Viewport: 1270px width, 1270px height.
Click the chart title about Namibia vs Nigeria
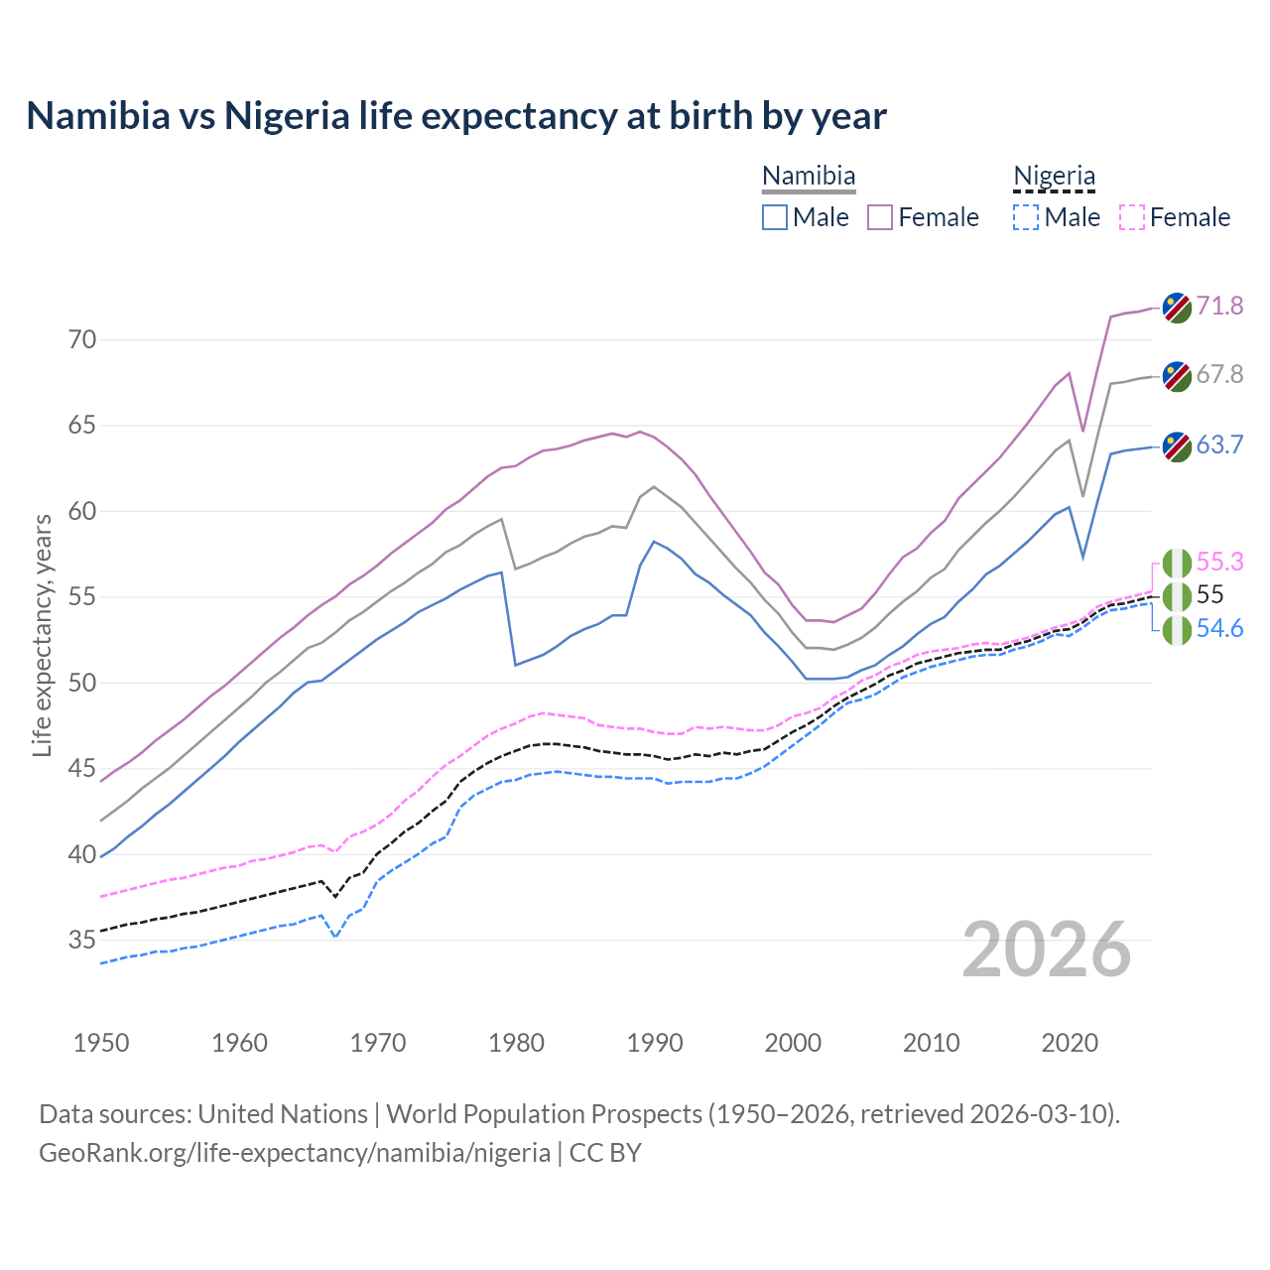tap(456, 116)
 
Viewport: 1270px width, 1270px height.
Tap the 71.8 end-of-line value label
tap(1219, 306)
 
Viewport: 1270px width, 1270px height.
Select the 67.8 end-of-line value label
tap(1219, 374)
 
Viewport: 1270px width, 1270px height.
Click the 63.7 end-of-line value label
tap(1219, 444)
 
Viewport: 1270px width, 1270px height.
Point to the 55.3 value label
tap(1219, 562)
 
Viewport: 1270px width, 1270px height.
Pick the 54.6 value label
tap(1219, 628)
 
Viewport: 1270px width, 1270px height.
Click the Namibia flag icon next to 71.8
tap(1177, 308)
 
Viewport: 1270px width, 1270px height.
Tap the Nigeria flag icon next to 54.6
tap(1177, 630)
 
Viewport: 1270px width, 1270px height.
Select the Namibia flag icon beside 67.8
tap(1177, 376)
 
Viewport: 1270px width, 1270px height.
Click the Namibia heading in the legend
tap(809, 177)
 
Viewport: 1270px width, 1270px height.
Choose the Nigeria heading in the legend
tap(1054, 177)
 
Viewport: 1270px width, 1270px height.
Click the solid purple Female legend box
tap(880, 217)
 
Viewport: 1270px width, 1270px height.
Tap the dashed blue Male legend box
tap(1026, 217)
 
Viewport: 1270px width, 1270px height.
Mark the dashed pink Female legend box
tap(1132, 217)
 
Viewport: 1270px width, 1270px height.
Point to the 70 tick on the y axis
tap(82, 340)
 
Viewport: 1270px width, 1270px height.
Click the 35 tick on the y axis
tap(82, 940)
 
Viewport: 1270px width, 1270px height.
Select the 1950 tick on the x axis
tap(101, 1043)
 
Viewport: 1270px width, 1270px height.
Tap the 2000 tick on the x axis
tap(793, 1043)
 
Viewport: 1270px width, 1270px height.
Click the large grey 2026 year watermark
tap(1047, 950)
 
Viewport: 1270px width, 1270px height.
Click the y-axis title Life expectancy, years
tap(42, 635)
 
